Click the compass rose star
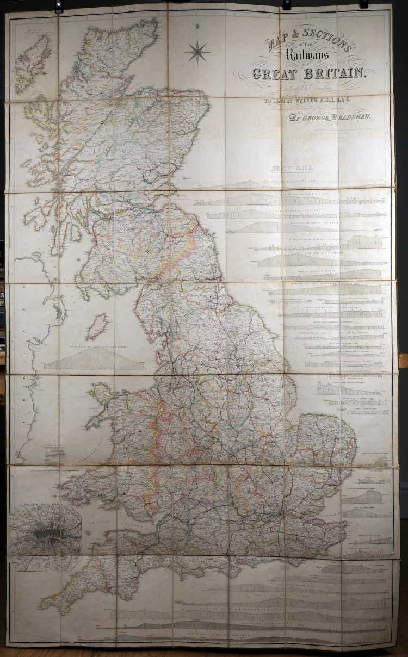pos(197,52)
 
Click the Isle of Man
pos(97,326)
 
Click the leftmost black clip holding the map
pos(59,7)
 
